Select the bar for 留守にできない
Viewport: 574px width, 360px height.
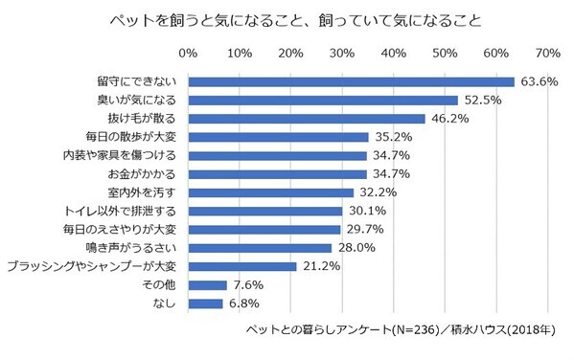click(x=351, y=81)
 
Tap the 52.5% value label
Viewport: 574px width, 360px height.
click(x=482, y=100)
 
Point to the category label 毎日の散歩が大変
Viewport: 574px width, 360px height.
click(x=141, y=137)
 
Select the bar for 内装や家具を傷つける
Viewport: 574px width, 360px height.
click(x=278, y=155)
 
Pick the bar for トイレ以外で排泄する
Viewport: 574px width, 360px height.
click(x=265, y=211)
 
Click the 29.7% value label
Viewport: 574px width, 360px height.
click(x=365, y=230)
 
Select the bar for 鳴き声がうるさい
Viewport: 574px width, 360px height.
click(x=260, y=248)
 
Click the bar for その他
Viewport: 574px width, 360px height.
click(x=208, y=285)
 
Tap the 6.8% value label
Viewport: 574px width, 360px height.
click(x=246, y=304)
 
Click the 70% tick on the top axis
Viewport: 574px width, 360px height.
click(x=548, y=52)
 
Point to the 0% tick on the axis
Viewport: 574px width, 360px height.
click(x=189, y=52)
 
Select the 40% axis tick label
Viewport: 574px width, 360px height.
click(x=394, y=52)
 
